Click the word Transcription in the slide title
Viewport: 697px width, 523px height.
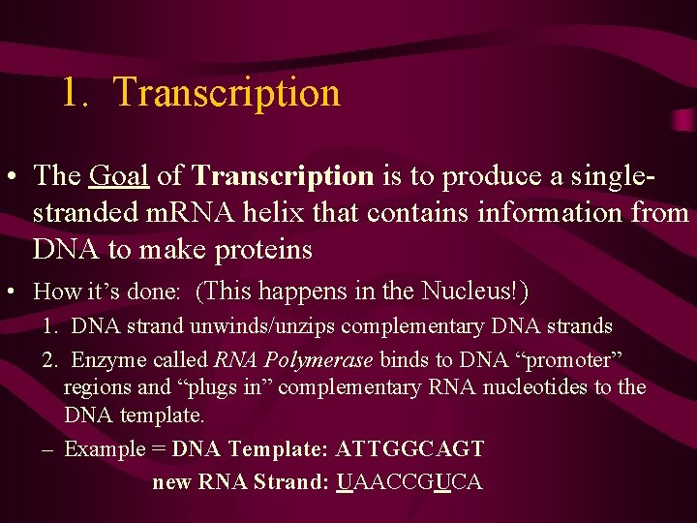point(227,93)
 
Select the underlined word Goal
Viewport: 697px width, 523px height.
point(118,175)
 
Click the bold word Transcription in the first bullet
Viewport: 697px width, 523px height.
point(283,175)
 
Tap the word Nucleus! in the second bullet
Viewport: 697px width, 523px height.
point(474,291)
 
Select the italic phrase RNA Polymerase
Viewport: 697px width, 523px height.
point(293,360)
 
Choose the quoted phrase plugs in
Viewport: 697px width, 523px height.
point(222,388)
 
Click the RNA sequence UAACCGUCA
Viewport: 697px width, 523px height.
point(409,481)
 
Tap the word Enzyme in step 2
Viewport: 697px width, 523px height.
point(103,360)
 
